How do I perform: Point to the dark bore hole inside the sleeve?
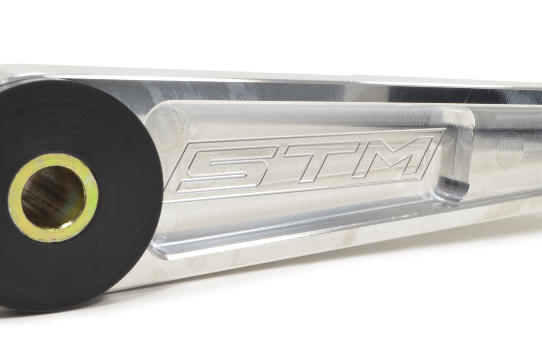pyautogui.click(x=53, y=197)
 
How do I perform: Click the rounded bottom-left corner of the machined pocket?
pyautogui.click(x=157, y=249)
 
